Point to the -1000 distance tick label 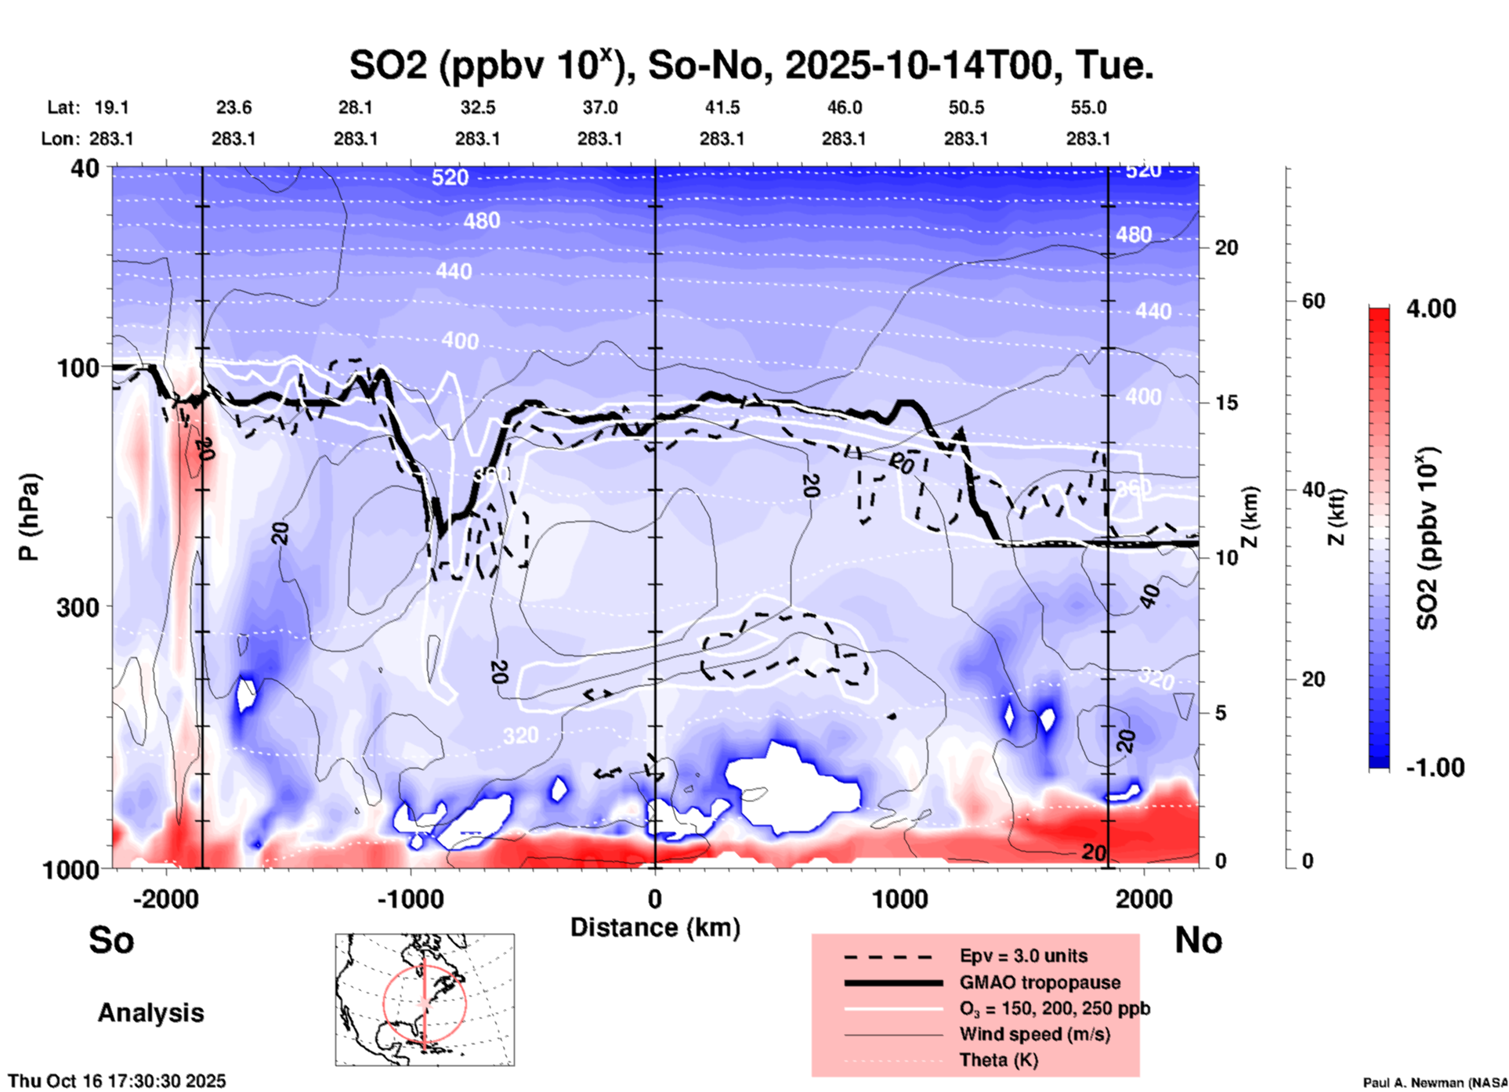click(x=411, y=899)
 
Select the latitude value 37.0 click(x=599, y=107)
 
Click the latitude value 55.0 click(x=1088, y=107)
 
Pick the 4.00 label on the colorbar click(x=1431, y=309)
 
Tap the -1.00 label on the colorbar click(x=1434, y=768)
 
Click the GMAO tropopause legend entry click(x=1040, y=982)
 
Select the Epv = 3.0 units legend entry click(x=1023, y=956)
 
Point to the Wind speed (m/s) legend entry click(x=1034, y=1034)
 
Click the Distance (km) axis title click(x=655, y=927)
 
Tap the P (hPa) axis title click(x=28, y=517)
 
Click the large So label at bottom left click(x=111, y=940)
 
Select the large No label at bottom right click(x=1198, y=940)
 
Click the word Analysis click(x=150, y=1013)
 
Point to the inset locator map click(x=425, y=1000)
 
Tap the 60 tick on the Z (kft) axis click(x=1313, y=302)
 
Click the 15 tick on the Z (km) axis click(x=1226, y=403)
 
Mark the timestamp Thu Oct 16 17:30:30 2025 click(x=117, y=1081)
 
